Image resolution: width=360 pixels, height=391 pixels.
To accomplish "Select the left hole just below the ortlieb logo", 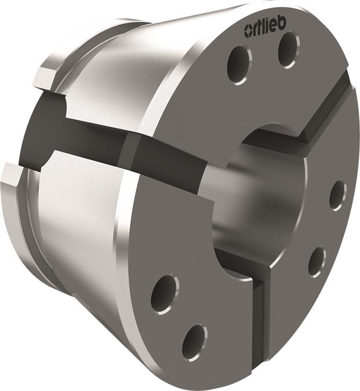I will (239, 63).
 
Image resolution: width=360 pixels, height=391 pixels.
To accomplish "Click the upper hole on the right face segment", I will (337, 195).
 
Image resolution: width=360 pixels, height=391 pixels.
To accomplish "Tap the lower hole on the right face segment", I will (316, 261).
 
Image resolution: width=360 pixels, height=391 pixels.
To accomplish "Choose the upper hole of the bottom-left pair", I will (164, 293).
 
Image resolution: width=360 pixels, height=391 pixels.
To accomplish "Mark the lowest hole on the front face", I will (194, 341).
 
